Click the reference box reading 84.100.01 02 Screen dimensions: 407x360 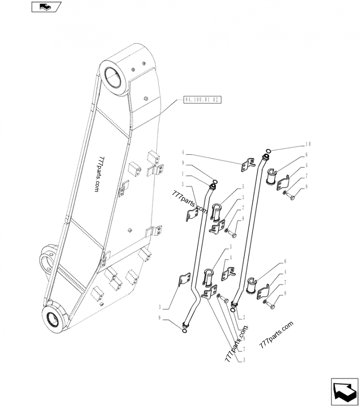pos(202,100)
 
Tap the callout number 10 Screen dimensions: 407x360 pos(308,144)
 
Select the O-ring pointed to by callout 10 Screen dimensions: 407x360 pos(268,151)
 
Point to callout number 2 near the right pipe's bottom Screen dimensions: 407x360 pos(243,317)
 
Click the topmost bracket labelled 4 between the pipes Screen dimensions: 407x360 pos(245,165)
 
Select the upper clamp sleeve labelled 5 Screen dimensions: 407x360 pos(216,212)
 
